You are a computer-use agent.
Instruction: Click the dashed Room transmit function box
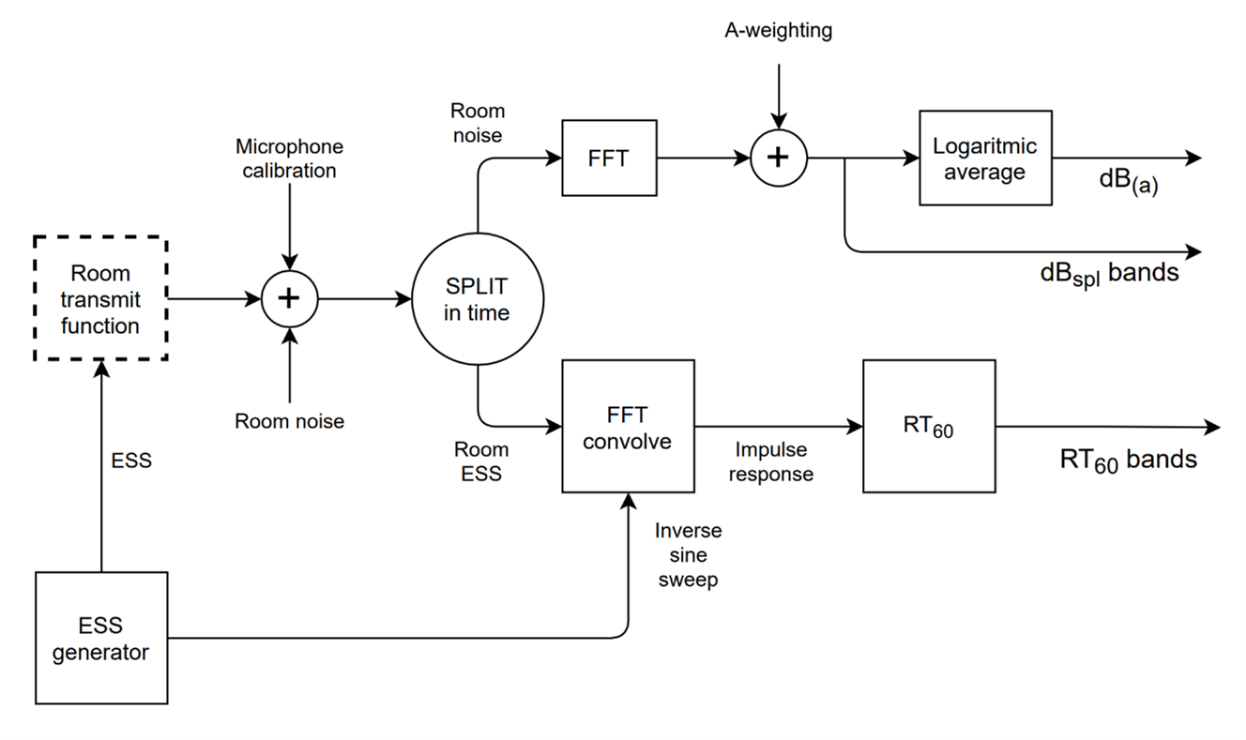[x=99, y=299]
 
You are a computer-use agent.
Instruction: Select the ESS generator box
[x=100, y=638]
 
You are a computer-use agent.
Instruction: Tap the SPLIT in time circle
[x=478, y=299]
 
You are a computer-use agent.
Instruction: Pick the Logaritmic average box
[x=984, y=158]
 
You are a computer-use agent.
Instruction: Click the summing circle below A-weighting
[x=778, y=158]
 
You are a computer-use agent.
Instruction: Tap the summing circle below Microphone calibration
[x=290, y=299]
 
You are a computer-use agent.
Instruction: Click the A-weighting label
[x=778, y=30]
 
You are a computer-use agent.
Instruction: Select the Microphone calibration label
[x=290, y=159]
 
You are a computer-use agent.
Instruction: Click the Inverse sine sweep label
[x=689, y=555]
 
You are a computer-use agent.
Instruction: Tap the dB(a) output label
[x=1129, y=183]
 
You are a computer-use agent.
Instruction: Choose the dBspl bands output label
[x=1109, y=275]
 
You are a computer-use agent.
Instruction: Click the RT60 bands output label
[x=1129, y=460]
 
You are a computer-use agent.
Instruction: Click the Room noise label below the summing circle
[x=290, y=421]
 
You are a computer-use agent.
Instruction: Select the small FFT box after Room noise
[x=609, y=158]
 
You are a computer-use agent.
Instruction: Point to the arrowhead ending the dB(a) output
[x=1193, y=158]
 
